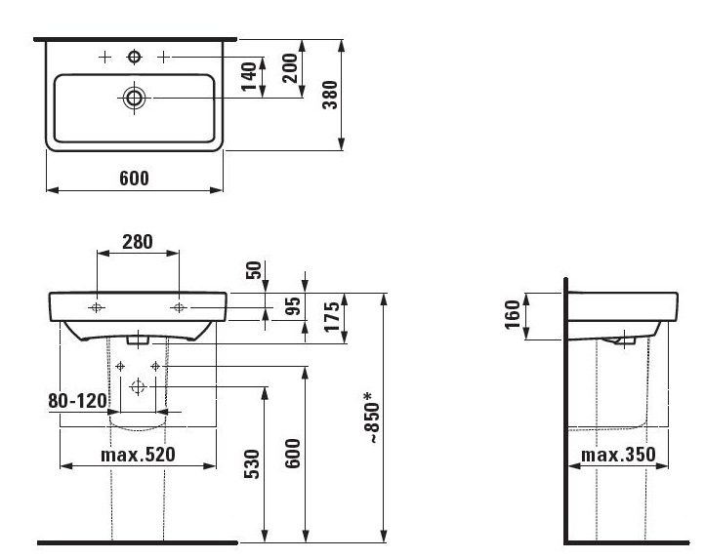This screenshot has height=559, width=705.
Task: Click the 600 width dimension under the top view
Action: (x=134, y=179)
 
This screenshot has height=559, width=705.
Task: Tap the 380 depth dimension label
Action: (x=330, y=95)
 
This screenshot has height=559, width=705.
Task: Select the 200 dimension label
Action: (x=290, y=68)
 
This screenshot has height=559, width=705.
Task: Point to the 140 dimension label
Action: (x=249, y=77)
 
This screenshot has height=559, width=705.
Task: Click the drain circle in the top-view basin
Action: (x=134, y=98)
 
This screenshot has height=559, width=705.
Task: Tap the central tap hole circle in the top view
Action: (x=134, y=57)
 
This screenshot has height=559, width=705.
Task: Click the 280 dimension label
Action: (x=138, y=242)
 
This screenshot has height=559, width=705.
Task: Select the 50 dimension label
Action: (x=254, y=270)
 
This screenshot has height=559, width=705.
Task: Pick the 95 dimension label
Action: (x=293, y=306)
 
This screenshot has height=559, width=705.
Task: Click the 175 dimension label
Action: (x=332, y=317)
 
